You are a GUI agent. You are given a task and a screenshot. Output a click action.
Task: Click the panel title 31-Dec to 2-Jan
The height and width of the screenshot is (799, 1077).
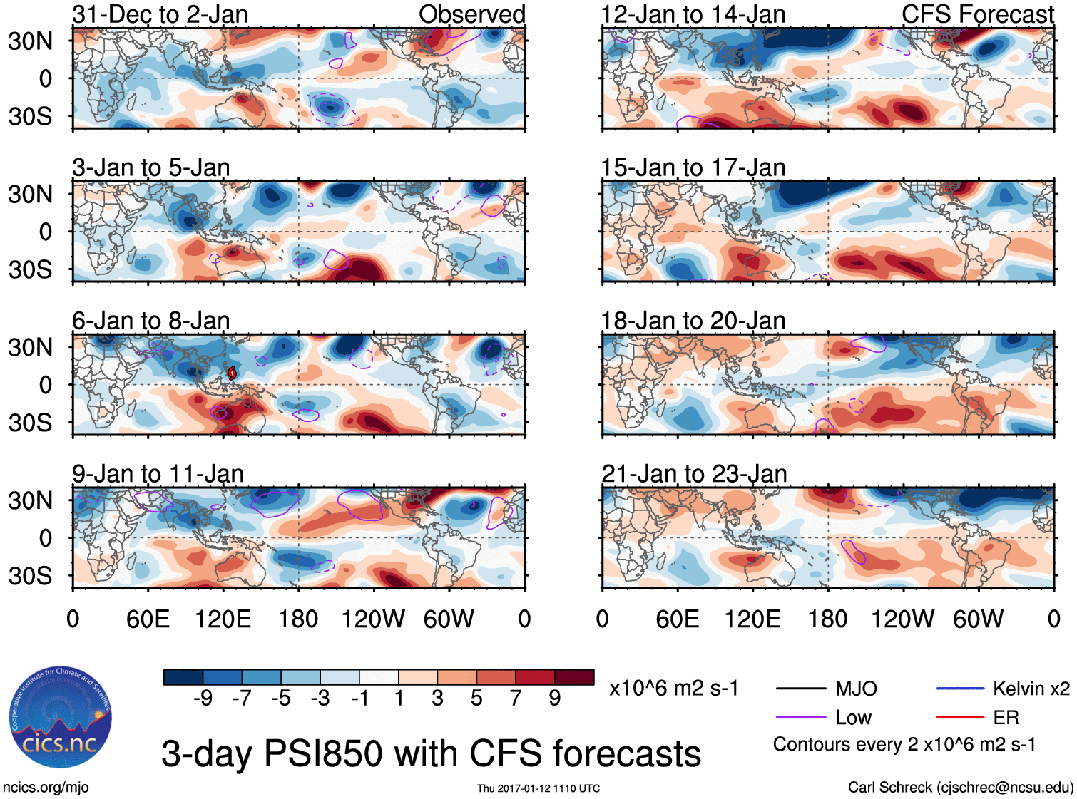[x=160, y=14]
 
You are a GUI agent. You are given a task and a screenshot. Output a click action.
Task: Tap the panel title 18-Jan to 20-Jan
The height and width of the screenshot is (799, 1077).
[x=693, y=321]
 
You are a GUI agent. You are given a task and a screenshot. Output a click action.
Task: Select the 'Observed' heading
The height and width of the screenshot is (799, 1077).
[x=471, y=14]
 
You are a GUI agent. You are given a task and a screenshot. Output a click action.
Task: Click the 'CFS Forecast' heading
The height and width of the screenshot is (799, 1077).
[x=977, y=14]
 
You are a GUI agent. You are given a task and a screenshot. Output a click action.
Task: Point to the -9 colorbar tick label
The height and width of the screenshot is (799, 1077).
[x=203, y=698]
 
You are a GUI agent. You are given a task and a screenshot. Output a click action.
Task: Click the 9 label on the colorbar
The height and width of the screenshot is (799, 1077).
[x=554, y=698]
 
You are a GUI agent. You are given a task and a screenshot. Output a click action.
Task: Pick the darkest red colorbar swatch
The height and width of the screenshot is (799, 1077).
[x=574, y=677]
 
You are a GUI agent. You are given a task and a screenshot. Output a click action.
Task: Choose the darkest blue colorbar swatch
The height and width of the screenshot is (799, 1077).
[x=183, y=677]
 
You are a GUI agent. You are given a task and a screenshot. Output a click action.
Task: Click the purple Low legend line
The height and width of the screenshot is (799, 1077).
[x=800, y=718]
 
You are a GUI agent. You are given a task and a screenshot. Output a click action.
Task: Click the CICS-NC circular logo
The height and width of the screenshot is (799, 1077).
[x=60, y=718]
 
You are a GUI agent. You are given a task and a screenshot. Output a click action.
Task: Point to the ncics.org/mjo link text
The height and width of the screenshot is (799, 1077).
[x=46, y=787]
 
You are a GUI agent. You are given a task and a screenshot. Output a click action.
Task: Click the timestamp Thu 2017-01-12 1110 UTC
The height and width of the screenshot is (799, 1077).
[x=538, y=788]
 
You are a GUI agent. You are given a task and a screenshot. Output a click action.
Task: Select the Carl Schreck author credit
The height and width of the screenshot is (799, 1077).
[x=960, y=787]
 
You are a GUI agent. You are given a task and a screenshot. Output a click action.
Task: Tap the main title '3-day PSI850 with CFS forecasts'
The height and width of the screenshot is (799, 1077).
[x=431, y=753]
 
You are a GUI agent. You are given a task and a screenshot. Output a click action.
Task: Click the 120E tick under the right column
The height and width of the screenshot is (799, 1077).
[x=752, y=619]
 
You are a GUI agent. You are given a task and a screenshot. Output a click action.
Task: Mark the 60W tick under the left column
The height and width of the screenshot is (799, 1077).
[x=449, y=619]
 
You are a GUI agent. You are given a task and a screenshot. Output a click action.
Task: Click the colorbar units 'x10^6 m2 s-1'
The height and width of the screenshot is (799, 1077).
[x=673, y=689]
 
